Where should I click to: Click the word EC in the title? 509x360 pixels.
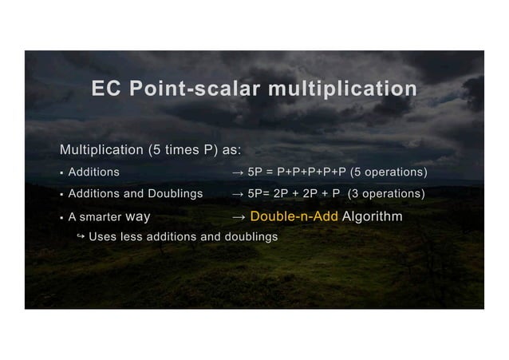pyautogui.click(x=106, y=89)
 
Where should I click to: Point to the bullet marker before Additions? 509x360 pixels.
pyautogui.click(x=61, y=172)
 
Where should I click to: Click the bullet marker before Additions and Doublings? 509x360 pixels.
pyautogui.click(x=61, y=194)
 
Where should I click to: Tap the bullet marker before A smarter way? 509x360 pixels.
pyautogui.click(x=61, y=217)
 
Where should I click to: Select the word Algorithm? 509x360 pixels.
pyautogui.click(x=373, y=217)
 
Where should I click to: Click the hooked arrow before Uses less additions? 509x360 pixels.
pyautogui.click(x=81, y=236)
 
